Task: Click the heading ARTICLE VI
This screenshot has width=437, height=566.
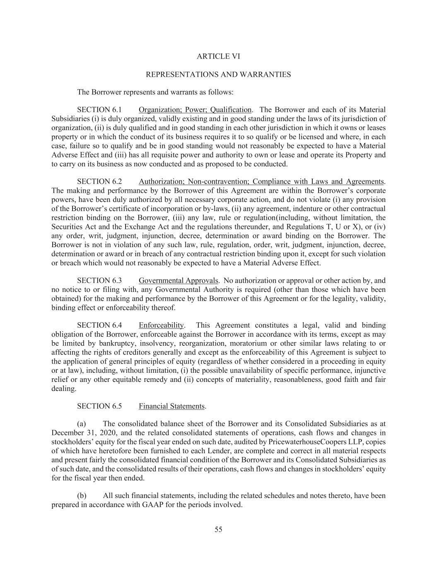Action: click(x=218, y=56)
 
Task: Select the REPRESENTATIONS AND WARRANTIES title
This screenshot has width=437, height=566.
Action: click(x=218, y=75)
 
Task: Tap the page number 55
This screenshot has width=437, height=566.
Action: click(x=218, y=530)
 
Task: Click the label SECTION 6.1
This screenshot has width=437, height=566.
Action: click(x=99, y=110)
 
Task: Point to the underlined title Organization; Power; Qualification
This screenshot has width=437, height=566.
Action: click(x=195, y=110)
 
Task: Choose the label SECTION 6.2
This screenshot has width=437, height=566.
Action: click(x=99, y=182)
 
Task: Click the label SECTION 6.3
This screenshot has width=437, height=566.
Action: click(x=99, y=281)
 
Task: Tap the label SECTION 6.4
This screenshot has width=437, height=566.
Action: click(x=99, y=326)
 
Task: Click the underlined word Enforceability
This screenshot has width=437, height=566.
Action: click(x=161, y=326)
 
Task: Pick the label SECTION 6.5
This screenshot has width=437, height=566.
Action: click(x=99, y=406)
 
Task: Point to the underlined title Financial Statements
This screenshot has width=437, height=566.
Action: click(x=171, y=406)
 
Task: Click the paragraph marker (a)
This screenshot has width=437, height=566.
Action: click(x=82, y=424)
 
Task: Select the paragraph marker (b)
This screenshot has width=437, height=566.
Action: click(x=82, y=496)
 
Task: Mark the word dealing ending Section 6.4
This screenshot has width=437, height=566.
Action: click(x=63, y=389)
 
